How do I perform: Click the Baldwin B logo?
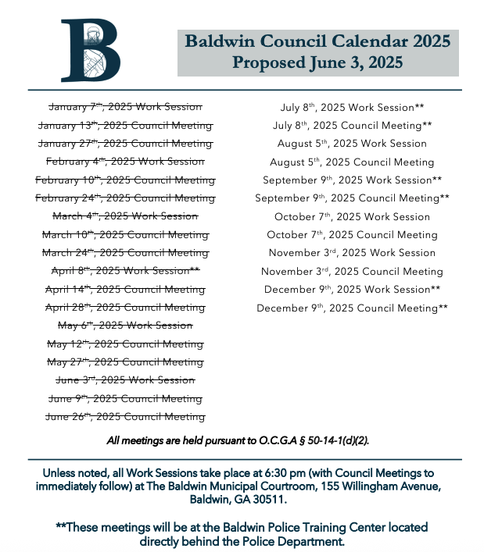tap(91, 51)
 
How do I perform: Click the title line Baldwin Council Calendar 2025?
tap(317, 41)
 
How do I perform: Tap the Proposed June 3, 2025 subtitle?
tap(317, 63)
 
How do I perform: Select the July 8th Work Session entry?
tap(352, 107)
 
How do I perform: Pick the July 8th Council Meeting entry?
tap(352, 125)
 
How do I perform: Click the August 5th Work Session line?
tap(352, 144)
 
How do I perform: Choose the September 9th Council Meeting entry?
tap(352, 198)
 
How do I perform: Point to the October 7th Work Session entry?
tap(352, 216)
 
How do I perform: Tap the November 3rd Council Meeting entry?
tap(352, 272)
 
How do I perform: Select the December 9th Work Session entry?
tap(352, 290)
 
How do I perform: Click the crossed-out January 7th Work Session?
tap(125, 107)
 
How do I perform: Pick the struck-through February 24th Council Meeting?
tap(125, 198)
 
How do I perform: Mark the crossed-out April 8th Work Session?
tap(125, 271)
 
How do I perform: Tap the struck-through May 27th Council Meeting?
tap(125, 362)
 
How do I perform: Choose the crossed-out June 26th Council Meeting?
tap(125, 417)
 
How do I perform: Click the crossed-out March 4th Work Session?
tap(125, 216)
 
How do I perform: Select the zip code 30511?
tap(270, 499)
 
